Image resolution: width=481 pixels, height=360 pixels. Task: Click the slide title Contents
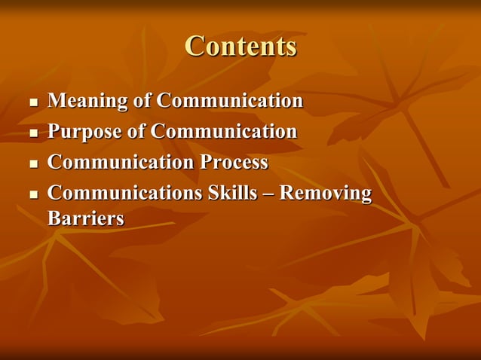pyautogui.click(x=240, y=46)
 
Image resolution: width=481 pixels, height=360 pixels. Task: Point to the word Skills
pyautogui.click(x=239, y=194)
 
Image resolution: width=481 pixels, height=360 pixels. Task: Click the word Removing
pyautogui.click(x=326, y=194)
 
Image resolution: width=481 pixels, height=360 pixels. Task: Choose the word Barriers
pyautogui.click(x=85, y=218)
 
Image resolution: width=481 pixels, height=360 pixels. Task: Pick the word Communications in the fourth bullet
pyautogui.click(x=124, y=194)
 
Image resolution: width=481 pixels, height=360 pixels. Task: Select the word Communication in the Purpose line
pyautogui.click(x=223, y=132)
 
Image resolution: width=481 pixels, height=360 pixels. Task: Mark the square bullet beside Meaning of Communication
pyautogui.click(x=32, y=102)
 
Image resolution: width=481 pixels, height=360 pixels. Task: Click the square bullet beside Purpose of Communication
pyautogui.click(x=32, y=133)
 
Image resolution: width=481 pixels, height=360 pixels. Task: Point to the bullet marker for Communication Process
pyautogui.click(x=32, y=164)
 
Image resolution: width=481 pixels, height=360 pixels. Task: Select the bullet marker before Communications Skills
pyautogui.click(x=32, y=195)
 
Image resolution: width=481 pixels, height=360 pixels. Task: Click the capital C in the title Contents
pyautogui.click(x=195, y=46)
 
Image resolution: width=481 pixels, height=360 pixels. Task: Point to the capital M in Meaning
pyautogui.click(x=56, y=101)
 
